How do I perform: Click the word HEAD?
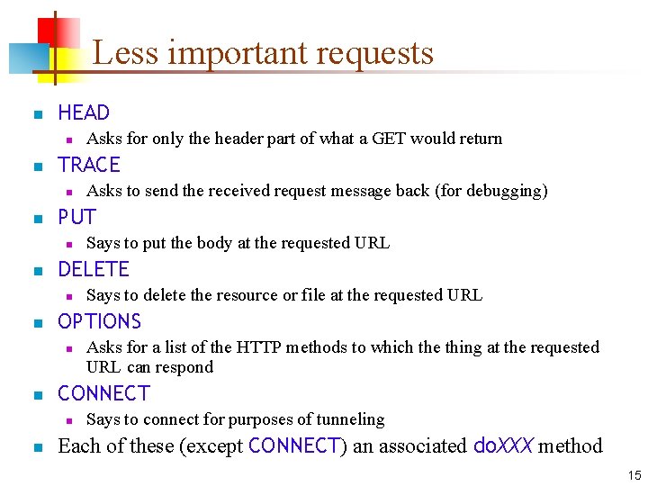(83, 113)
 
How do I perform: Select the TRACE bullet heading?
(88, 166)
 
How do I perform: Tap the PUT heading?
(76, 218)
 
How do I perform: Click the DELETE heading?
(93, 270)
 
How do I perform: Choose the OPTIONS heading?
(99, 322)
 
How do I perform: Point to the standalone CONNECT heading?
(103, 394)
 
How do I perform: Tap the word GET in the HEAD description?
(407, 139)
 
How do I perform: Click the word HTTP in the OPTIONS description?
(259, 347)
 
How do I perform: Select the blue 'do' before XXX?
(482, 445)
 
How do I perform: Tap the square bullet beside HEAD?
(37, 114)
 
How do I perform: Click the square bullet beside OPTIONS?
(37, 323)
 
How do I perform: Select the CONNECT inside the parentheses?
(293, 445)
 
